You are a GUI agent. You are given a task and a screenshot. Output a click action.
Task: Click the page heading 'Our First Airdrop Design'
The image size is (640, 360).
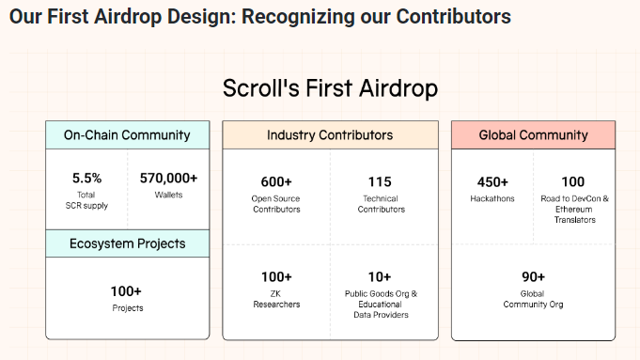[x=260, y=17]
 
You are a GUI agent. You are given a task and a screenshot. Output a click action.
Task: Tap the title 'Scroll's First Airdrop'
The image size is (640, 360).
[x=330, y=88]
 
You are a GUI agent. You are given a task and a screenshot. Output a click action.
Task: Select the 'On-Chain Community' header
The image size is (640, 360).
[x=127, y=134]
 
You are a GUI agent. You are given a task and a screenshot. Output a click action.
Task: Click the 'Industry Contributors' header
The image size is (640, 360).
[x=330, y=135]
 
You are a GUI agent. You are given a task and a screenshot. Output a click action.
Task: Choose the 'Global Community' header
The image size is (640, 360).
[x=533, y=135]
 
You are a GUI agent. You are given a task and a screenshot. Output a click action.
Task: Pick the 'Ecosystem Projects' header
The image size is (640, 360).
[x=127, y=243]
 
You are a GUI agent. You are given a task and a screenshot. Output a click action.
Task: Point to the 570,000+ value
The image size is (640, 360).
[x=168, y=178]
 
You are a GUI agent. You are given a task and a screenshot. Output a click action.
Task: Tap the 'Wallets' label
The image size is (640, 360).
[x=168, y=195]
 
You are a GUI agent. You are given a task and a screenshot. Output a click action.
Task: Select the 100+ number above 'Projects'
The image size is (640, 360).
[x=126, y=291]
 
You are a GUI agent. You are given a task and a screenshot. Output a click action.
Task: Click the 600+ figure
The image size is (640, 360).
[x=276, y=181]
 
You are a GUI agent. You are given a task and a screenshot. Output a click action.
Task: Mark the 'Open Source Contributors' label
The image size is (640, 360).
[x=276, y=203]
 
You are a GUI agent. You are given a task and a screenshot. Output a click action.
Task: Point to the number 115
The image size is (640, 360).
[x=381, y=181]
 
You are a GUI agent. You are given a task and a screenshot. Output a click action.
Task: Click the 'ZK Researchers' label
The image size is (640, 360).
[x=276, y=299]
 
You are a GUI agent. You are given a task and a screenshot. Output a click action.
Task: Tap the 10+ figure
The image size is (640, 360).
[x=381, y=277]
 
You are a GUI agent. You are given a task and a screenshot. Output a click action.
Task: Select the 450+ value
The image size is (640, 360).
[x=492, y=181]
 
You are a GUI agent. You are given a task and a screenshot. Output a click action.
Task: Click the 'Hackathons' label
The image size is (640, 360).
[x=492, y=198]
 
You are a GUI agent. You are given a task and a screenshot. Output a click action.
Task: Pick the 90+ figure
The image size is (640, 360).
[x=534, y=276]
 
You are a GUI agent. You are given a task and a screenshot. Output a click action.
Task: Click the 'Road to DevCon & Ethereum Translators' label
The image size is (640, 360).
[x=573, y=209]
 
